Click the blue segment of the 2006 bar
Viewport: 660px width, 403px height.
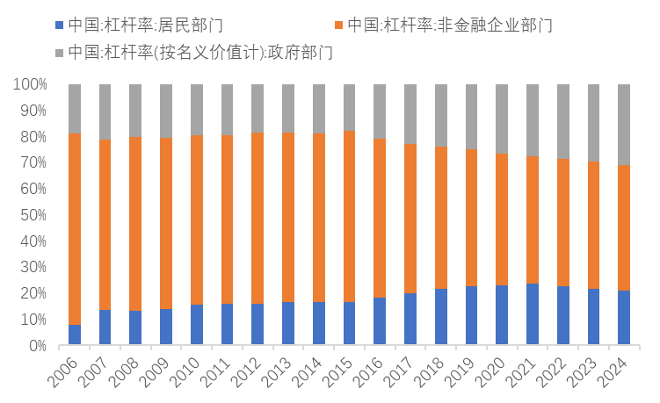pos(75,335)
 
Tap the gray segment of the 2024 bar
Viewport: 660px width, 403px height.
pos(623,124)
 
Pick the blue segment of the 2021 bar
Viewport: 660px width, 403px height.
pos(532,314)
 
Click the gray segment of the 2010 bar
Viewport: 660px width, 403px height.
pos(197,109)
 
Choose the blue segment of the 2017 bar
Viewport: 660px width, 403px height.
pos(410,319)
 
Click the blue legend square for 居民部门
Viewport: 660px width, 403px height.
pos(59,25)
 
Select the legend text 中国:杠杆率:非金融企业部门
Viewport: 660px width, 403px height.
pos(449,25)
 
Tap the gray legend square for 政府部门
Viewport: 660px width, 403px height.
pos(59,53)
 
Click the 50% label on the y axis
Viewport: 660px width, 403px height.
pos(33,215)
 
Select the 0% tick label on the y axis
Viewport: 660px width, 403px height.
pos(37,346)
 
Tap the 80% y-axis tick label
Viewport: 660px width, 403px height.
pos(33,137)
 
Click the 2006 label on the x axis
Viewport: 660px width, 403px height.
pos(67,373)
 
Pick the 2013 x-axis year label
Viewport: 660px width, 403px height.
pos(280,373)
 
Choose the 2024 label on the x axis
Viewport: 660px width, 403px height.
pos(615,373)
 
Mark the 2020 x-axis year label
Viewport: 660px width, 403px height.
pos(493,373)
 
